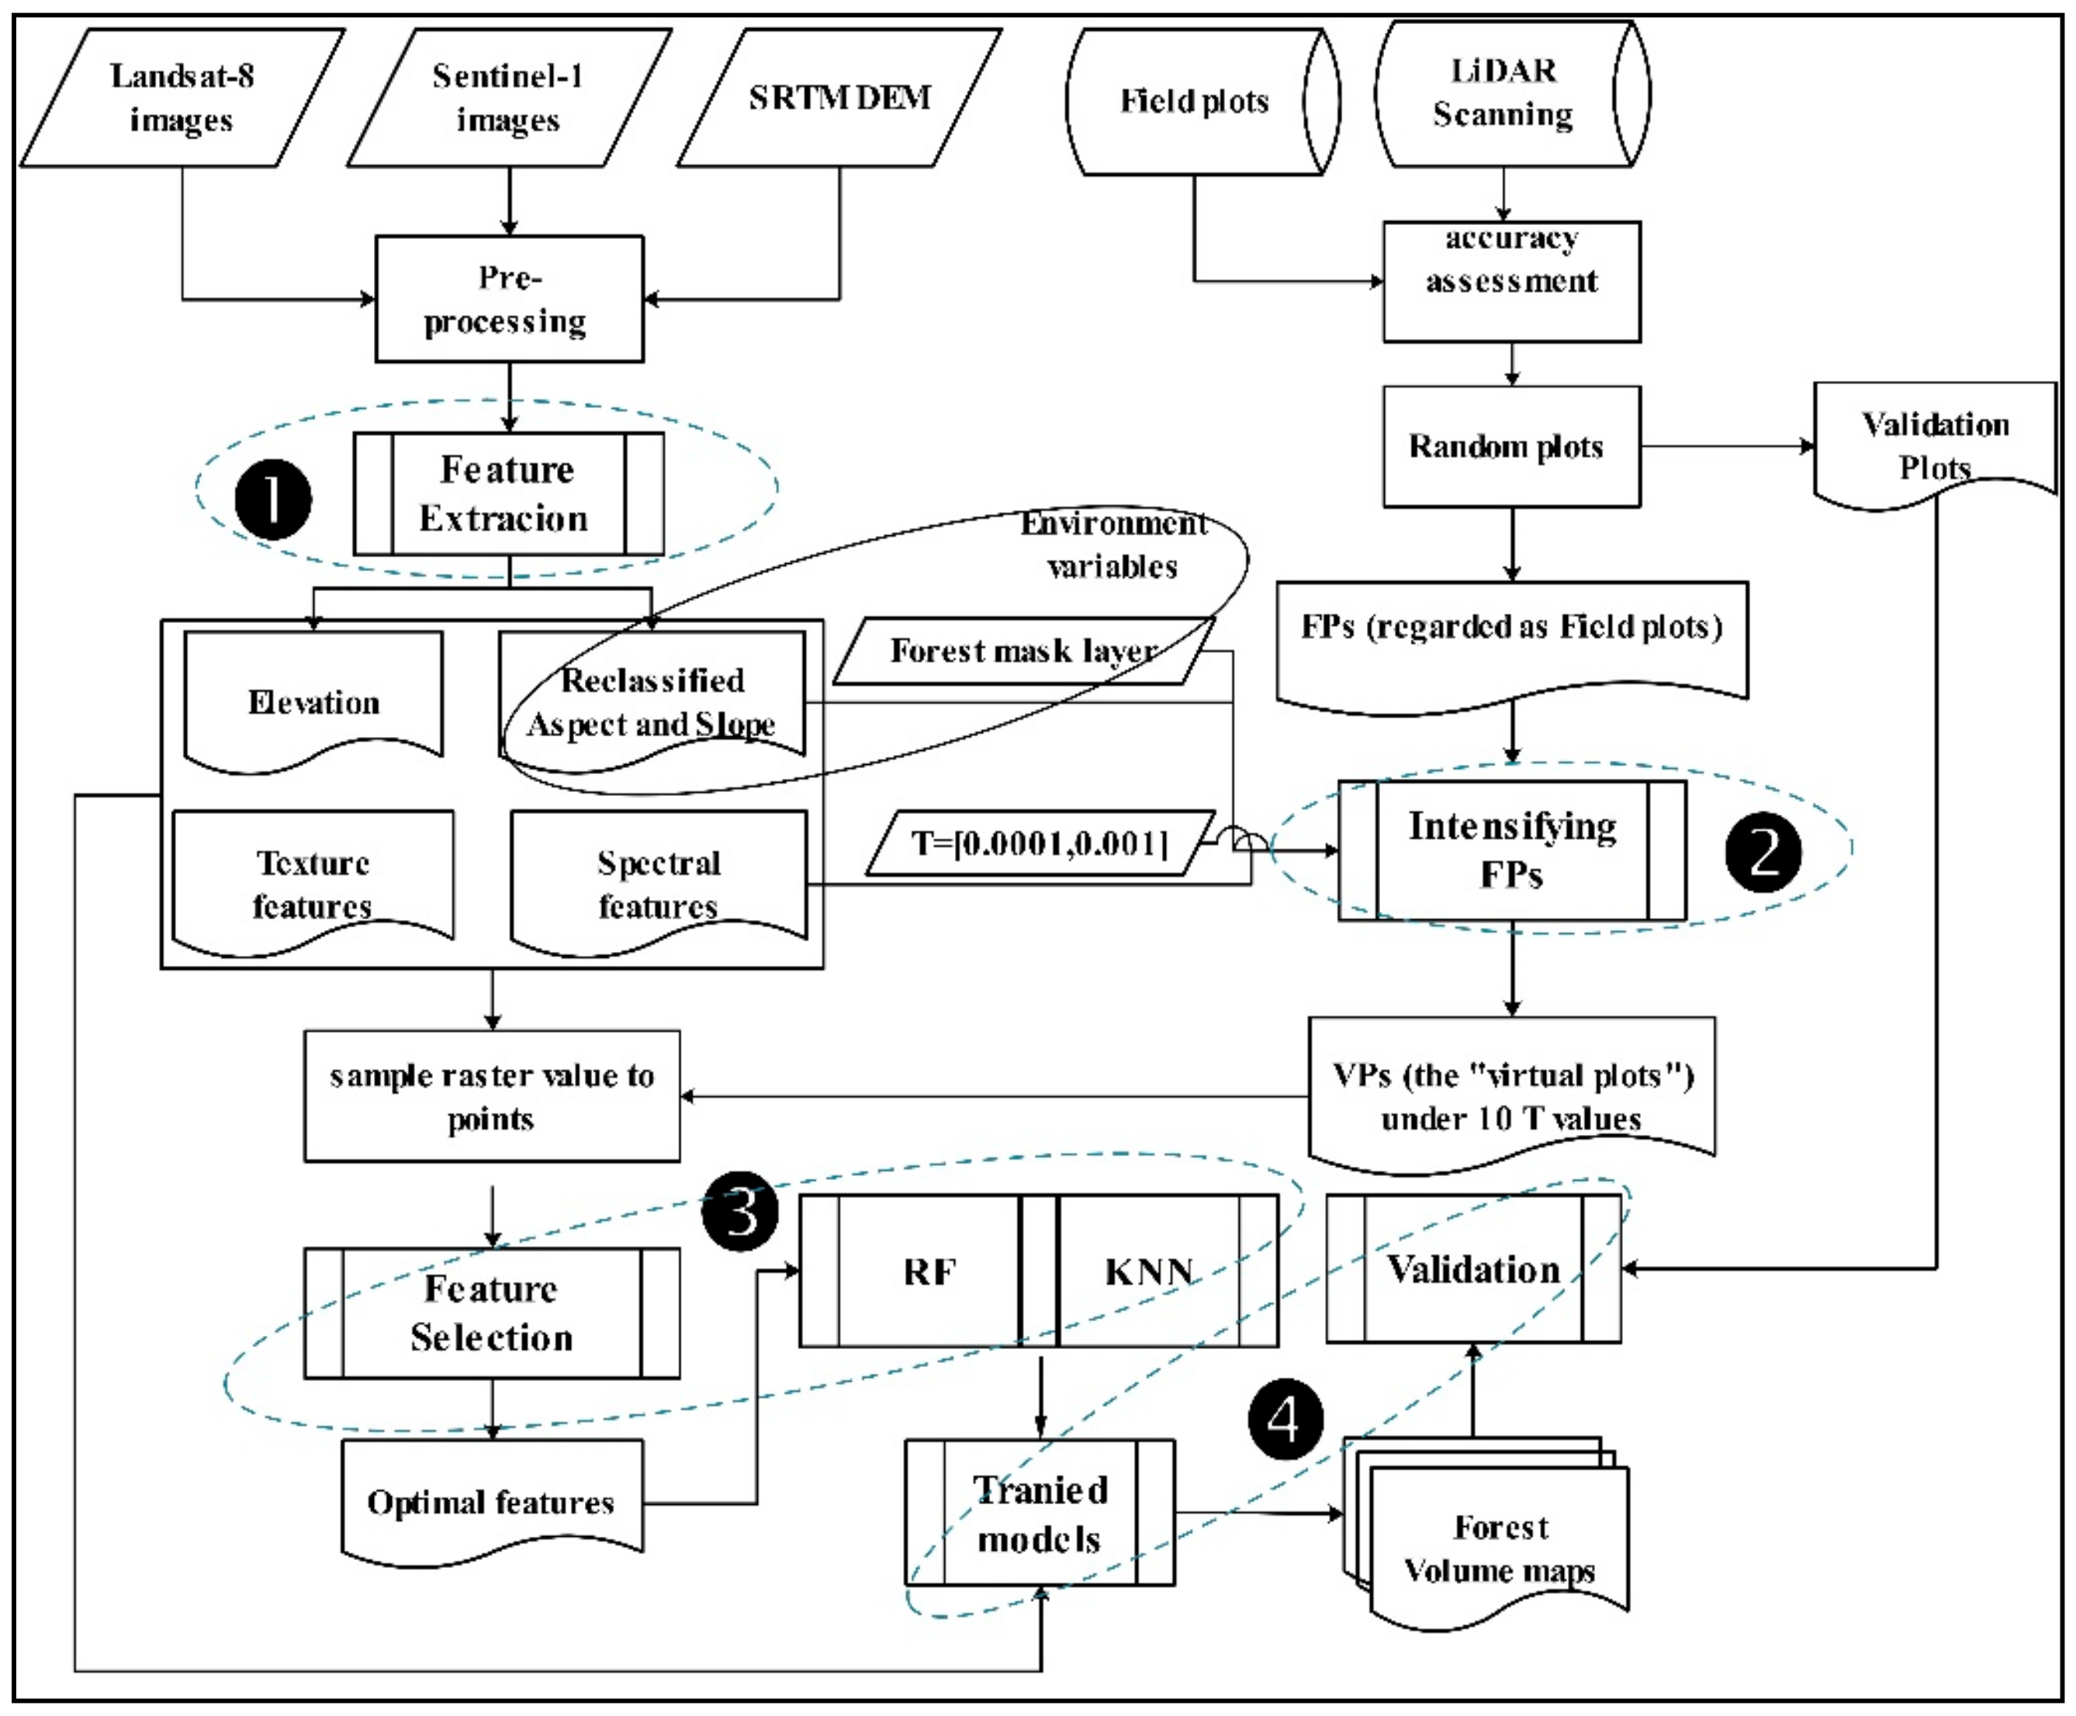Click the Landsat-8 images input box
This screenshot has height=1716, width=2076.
[182, 97]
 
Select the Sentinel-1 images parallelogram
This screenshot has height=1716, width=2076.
[508, 97]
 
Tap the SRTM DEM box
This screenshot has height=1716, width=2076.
[839, 97]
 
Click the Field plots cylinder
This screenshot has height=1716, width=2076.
[1194, 101]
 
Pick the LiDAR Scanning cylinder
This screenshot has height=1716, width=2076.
[1503, 93]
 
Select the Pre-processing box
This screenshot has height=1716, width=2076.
[508, 299]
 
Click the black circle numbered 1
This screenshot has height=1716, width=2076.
[273, 499]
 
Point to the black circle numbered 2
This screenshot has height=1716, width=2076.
[1763, 852]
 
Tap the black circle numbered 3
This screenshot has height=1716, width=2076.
[739, 1211]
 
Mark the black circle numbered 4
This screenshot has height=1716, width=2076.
[1284, 1420]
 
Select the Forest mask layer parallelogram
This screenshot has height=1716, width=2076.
[1022, 650]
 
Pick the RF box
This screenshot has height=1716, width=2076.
[929, 1271]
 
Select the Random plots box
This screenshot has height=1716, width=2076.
[1510, 446]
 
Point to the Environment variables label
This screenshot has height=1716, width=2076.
[1113, 544]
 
